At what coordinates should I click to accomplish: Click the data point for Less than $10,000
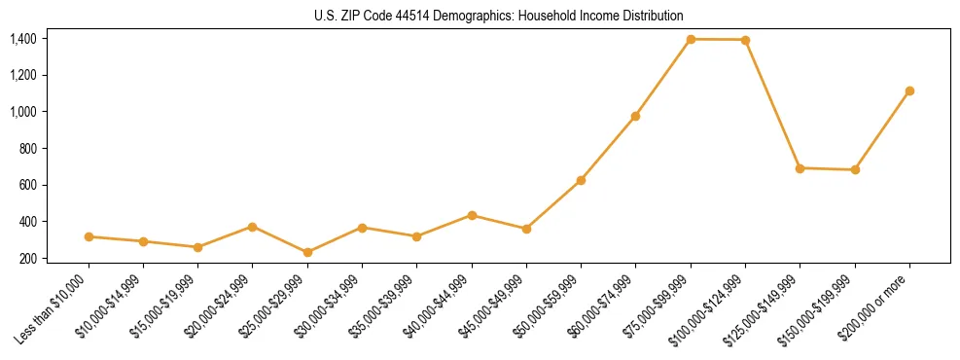[89, 236]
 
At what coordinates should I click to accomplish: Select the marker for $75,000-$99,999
[691, 39]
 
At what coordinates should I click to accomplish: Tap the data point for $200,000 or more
[909, 90]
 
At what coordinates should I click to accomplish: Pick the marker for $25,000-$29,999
[307, 252]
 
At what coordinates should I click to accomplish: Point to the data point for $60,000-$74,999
[635, 116]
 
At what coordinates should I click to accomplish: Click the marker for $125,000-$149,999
[800, 168]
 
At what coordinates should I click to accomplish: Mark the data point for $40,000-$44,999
[472, 215]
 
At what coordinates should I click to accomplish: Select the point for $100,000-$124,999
[745, 40]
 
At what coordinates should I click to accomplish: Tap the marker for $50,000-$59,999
[581, 180]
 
